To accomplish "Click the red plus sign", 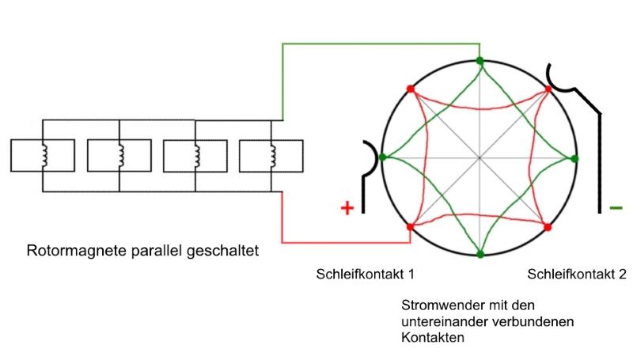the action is (x=347, y=208).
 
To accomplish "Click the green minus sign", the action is (x=616, y=208).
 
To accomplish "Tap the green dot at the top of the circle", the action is (x=479, y=61).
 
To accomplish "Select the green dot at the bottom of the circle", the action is (x=480, y=254).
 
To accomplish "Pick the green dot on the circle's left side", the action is (x=383, y=157).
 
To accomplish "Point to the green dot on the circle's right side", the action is (x=575, y=158).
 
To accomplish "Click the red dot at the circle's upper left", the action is (x=411, y=89).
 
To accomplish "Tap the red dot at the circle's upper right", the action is (x=548, y=89).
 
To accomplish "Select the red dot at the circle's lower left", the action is (x=410, y=227).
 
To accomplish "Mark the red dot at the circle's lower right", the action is (x=548, y=227).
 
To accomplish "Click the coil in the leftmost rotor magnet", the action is (x=44, y=156).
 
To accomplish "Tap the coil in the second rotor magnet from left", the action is (x=121, y=156).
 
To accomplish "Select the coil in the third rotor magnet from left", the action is (x=196, y=156).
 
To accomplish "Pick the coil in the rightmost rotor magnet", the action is (x=273, y=156).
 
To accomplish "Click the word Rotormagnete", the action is (x=77, y=250).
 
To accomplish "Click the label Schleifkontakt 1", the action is (x=365, y=274).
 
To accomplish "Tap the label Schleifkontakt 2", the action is (x=577, y=274).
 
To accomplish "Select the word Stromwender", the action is (x=443, y=305).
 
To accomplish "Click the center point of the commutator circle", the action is (x=479, y=157).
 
